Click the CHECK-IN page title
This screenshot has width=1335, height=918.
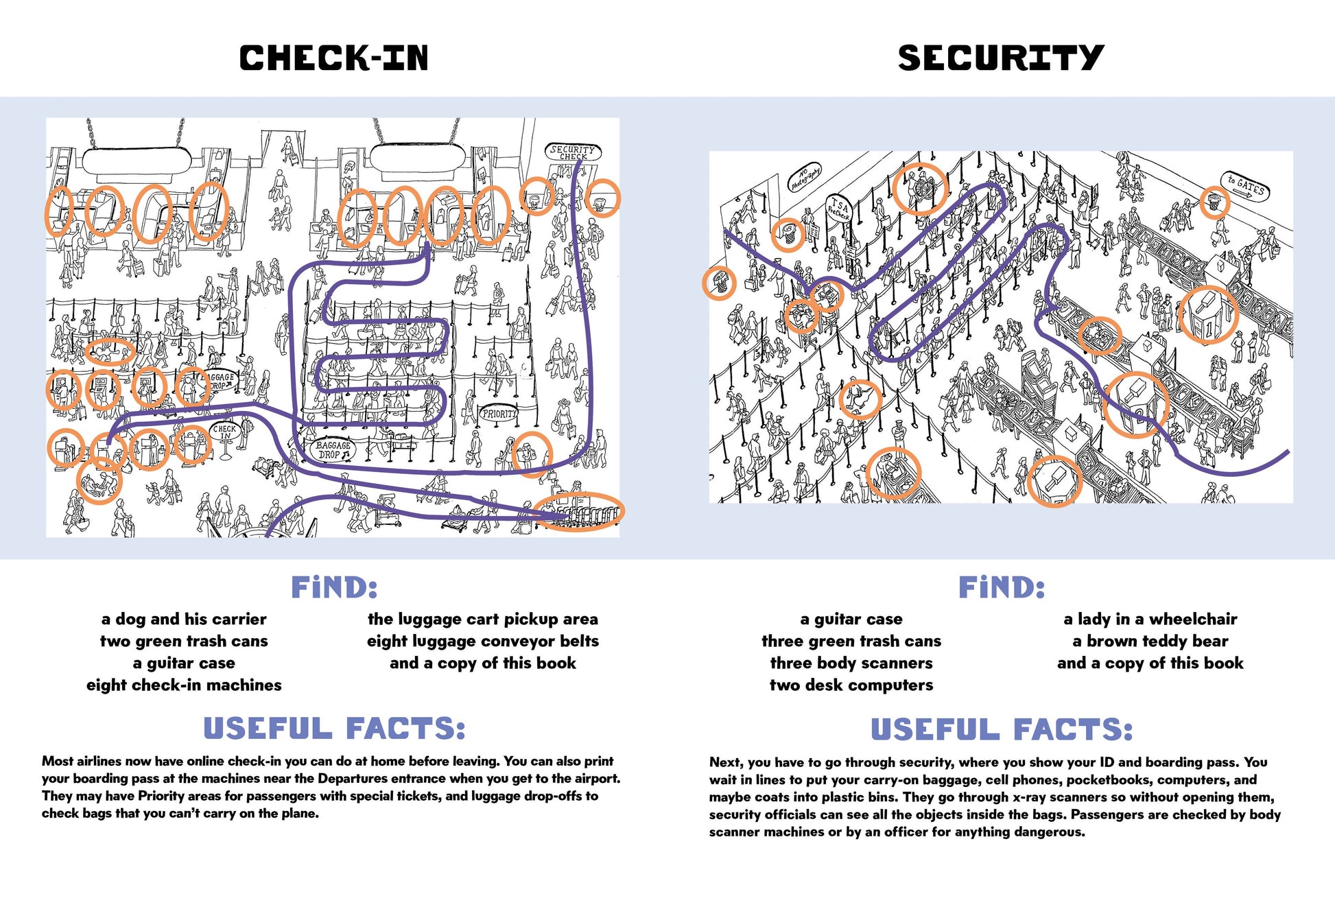[x=333, y=58]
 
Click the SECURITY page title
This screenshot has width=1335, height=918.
[x=1000, y=58]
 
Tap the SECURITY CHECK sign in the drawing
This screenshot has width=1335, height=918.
[x=573, y=152]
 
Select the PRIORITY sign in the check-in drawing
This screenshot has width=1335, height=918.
[x=499, y=414]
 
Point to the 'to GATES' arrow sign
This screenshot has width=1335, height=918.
[x=1246, y=186]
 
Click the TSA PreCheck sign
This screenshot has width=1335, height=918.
[x=838, y=207]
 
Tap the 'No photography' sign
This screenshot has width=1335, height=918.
[x=804, y=178]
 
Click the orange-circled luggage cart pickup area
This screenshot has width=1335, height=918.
[x=579, y=512]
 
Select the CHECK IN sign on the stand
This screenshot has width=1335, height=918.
[x=224, y=432]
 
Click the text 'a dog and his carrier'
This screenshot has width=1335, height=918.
[x=184, y=619]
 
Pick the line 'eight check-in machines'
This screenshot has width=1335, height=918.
[x=184, y=685]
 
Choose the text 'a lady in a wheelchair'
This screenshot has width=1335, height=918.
[x=1150, y=619]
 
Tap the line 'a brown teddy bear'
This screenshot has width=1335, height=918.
[x=1150, y=641]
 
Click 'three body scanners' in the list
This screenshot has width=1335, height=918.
[x=851, y=663]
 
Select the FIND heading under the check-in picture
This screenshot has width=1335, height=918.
[x=334, y=587]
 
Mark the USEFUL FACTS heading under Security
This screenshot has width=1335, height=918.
[x=1002, y=729]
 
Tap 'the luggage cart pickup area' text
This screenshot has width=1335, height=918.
[x=483, y=619]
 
